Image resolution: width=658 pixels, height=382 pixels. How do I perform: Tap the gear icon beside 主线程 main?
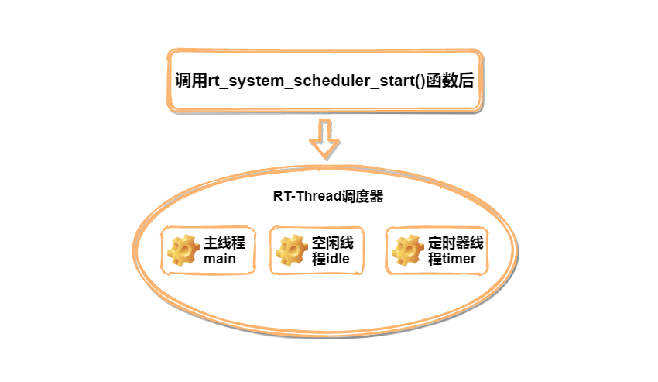coord(184,250)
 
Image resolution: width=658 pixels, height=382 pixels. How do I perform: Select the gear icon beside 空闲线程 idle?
coord(293,250)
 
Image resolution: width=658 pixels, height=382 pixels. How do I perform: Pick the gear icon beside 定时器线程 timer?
coord(408,250)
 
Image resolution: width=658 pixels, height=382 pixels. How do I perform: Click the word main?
coord(219,259)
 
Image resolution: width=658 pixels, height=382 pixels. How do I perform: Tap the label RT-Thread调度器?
coord(328,197)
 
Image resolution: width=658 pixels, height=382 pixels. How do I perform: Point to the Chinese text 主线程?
coord(224,243)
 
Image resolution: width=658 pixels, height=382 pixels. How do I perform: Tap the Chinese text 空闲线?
coord(332,243)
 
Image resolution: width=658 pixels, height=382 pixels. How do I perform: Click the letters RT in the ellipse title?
coord(281,197)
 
